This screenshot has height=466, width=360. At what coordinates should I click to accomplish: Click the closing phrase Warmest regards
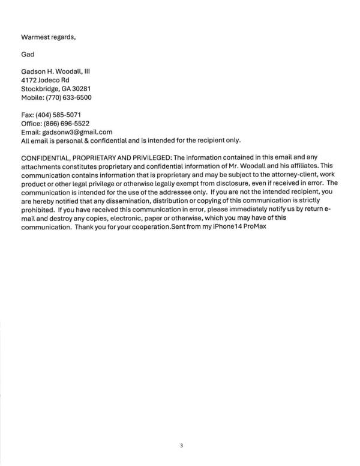(49, 37)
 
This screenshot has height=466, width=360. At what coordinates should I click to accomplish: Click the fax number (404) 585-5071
(58, 114)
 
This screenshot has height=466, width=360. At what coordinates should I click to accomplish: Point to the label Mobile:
(32, 97)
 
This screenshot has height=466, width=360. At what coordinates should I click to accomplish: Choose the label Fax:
(27, 114)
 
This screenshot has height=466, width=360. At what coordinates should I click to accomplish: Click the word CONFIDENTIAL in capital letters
(49, 157)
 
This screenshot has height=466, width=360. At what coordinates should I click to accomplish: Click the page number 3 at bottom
(180, 446)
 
